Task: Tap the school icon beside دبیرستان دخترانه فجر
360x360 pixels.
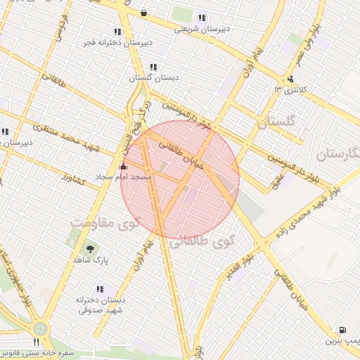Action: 117,32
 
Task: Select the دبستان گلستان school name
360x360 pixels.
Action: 149,78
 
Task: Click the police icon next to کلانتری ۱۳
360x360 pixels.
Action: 290,79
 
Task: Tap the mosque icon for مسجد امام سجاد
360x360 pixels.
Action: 124,167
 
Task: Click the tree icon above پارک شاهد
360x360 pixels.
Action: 90,249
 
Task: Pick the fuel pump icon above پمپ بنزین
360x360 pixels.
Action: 342,330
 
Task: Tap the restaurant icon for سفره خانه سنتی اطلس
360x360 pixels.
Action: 36,342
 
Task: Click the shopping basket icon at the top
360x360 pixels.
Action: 144,13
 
